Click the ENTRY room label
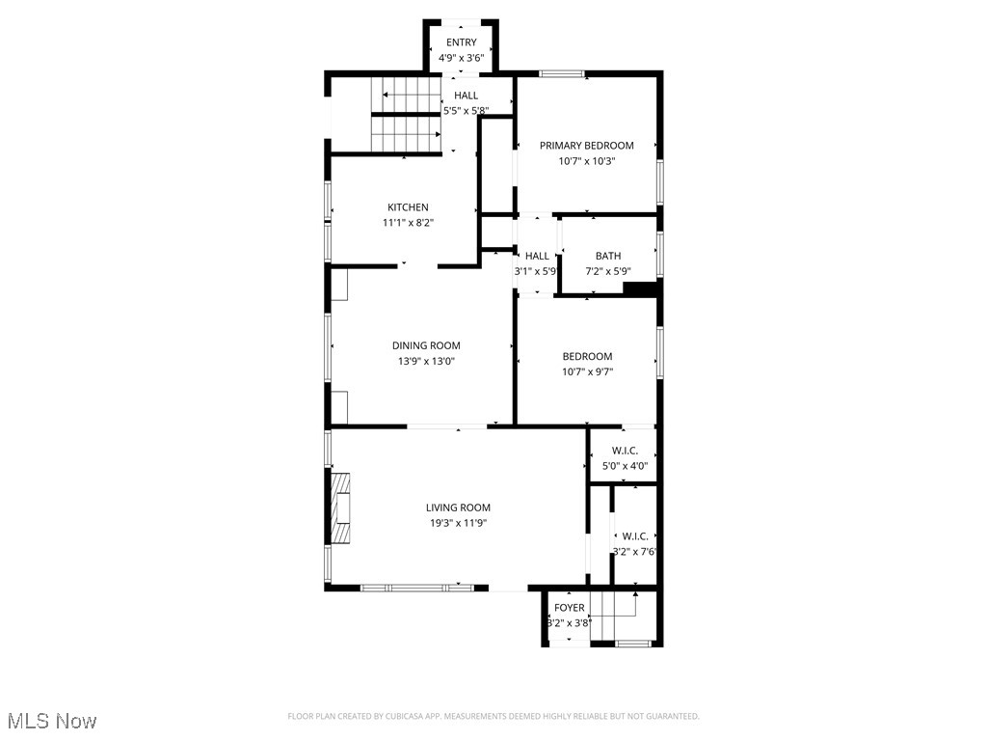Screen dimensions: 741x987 click(x=461, y=42)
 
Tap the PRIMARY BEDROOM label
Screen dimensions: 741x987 click(x=586, y=146)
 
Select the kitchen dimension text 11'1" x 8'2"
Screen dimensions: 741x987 click(x=408, y=223)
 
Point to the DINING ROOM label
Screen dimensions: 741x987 click(x=426, y=345)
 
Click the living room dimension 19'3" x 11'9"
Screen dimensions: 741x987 click(x=459, y=523)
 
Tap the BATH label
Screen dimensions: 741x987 click(x=608, y=256)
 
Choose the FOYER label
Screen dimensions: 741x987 click(x=569, y=607)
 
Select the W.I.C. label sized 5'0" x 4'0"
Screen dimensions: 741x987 click(x=625, y=451)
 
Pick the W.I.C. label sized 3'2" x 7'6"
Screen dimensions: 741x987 click(x=634, y=536)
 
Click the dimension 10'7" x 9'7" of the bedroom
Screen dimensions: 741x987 click(x=587, y=371)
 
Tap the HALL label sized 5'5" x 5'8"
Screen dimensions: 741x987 click(x=467, y=96)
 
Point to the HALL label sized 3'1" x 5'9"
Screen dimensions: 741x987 click(x=537, y=256)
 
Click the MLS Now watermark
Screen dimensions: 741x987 click(x=52, y=721)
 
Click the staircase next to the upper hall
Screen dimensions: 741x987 click(x=405, y=115)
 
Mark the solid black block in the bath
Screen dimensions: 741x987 click(x=640, y=288)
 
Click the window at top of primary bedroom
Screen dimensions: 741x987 click(x=561, y=73)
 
